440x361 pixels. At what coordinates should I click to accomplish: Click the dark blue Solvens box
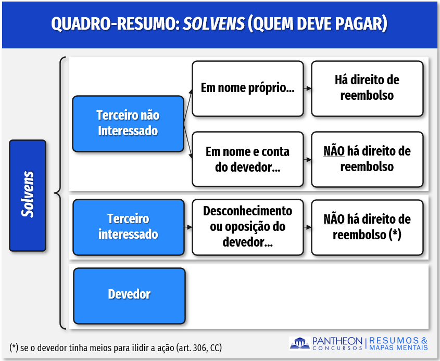click(x=28, y=196)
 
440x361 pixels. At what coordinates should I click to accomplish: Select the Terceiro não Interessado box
click(x=128, y=124)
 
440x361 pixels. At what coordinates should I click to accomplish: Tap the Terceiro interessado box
click(x=129, y=227)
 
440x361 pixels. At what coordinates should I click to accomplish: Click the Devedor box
click(x=129, y=295)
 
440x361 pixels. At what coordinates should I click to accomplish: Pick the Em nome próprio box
click(x=248, y=88)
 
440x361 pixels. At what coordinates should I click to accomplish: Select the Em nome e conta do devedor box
click(x=248, y=159)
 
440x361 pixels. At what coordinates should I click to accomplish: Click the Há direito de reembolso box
click(x=367, y=88)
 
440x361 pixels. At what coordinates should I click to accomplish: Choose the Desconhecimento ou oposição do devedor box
click(x=248, y=227)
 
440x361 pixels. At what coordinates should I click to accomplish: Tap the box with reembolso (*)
click(x=367, y=227)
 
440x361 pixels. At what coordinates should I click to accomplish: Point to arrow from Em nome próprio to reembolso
click(x=308, y=88)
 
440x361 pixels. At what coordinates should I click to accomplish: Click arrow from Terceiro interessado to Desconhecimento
click(x=188, y=227)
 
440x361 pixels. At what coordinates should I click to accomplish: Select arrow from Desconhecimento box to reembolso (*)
click(x=308, y=227)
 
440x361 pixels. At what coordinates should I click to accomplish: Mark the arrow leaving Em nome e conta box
click(x=308, y=160)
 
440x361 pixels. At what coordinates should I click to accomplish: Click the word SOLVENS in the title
click(x=214, y=23)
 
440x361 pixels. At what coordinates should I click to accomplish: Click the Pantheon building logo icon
click(x=300, y=343)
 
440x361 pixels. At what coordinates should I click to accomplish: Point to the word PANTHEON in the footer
click(x=337, y=341)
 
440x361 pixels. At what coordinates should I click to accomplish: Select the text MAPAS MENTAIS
click(x=398, y=347)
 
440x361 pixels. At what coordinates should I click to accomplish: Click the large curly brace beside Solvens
click(x=60, y=193)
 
